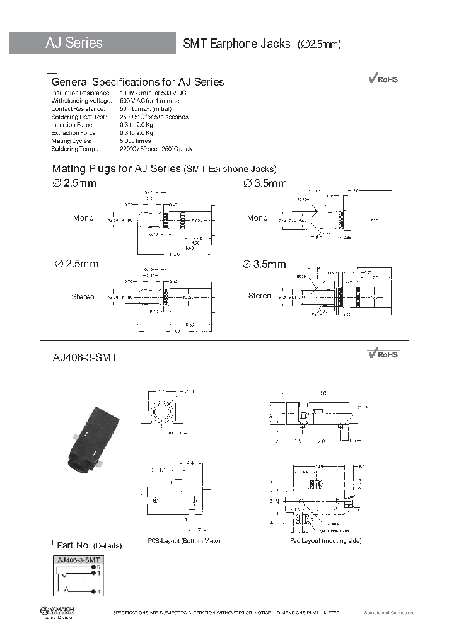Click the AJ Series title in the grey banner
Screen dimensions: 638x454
(x=74, y=43)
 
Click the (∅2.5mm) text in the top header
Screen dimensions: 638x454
(x=318, y=44)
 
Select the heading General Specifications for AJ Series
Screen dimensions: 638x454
(x=137, y=82)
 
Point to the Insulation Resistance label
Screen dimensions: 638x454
(x=78, y=93)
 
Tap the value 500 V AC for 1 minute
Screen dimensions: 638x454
(x=149, y=101)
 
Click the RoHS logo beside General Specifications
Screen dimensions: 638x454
(x=383, y=79)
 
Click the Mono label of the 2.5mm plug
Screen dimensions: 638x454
(x=83, y=218)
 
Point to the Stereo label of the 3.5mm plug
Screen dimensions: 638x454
(x=259, y=296)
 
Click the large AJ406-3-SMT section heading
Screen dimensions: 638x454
(x=85, y=357)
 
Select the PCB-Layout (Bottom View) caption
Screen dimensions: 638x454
(x=183, y=541)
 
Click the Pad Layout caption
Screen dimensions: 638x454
(x=325, y=541)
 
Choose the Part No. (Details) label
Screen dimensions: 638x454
(x=90, y=545)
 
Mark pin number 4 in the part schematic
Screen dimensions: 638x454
(x=99, y=591)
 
